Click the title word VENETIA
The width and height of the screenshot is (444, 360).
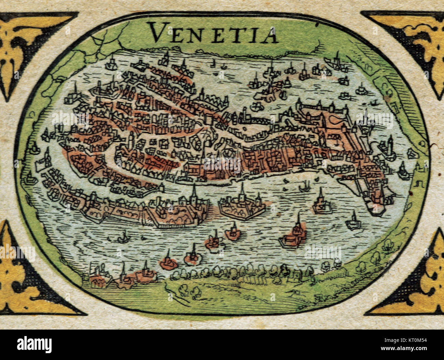[x=213, y=33]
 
